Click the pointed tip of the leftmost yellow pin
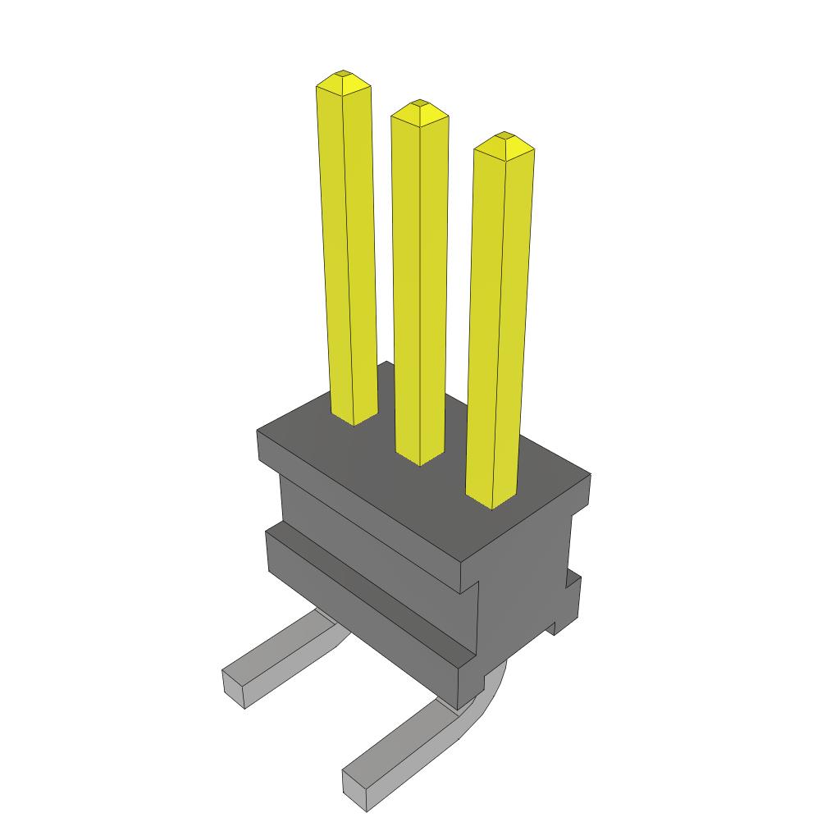343,75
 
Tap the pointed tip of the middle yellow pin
419,104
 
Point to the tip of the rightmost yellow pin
504,135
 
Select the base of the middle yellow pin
419,460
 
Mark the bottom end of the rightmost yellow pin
491,501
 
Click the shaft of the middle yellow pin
419,287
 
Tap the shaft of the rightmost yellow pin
499,328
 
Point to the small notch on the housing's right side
565,583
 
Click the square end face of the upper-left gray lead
235,687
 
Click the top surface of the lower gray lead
402,743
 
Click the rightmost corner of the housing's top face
590,475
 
